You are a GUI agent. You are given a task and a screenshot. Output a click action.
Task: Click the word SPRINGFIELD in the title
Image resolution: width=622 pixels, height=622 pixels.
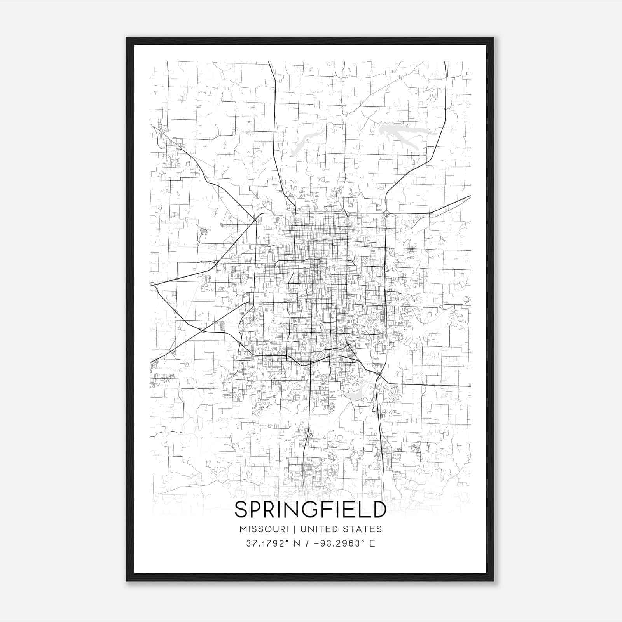click(x=310, y=510)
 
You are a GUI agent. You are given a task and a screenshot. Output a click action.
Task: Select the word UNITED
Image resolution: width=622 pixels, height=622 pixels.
click(x=317, y=529)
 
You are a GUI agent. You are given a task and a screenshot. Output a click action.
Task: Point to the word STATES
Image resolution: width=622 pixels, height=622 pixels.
click(x=362, y=529)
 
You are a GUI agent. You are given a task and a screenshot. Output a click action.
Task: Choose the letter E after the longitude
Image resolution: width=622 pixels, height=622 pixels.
click(x=372, y=543)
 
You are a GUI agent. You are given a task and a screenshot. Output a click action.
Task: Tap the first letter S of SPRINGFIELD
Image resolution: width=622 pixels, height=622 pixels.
click(x=241, y=510)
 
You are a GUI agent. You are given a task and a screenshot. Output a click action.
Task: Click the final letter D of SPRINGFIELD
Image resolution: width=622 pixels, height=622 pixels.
click(x=378, y=510)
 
